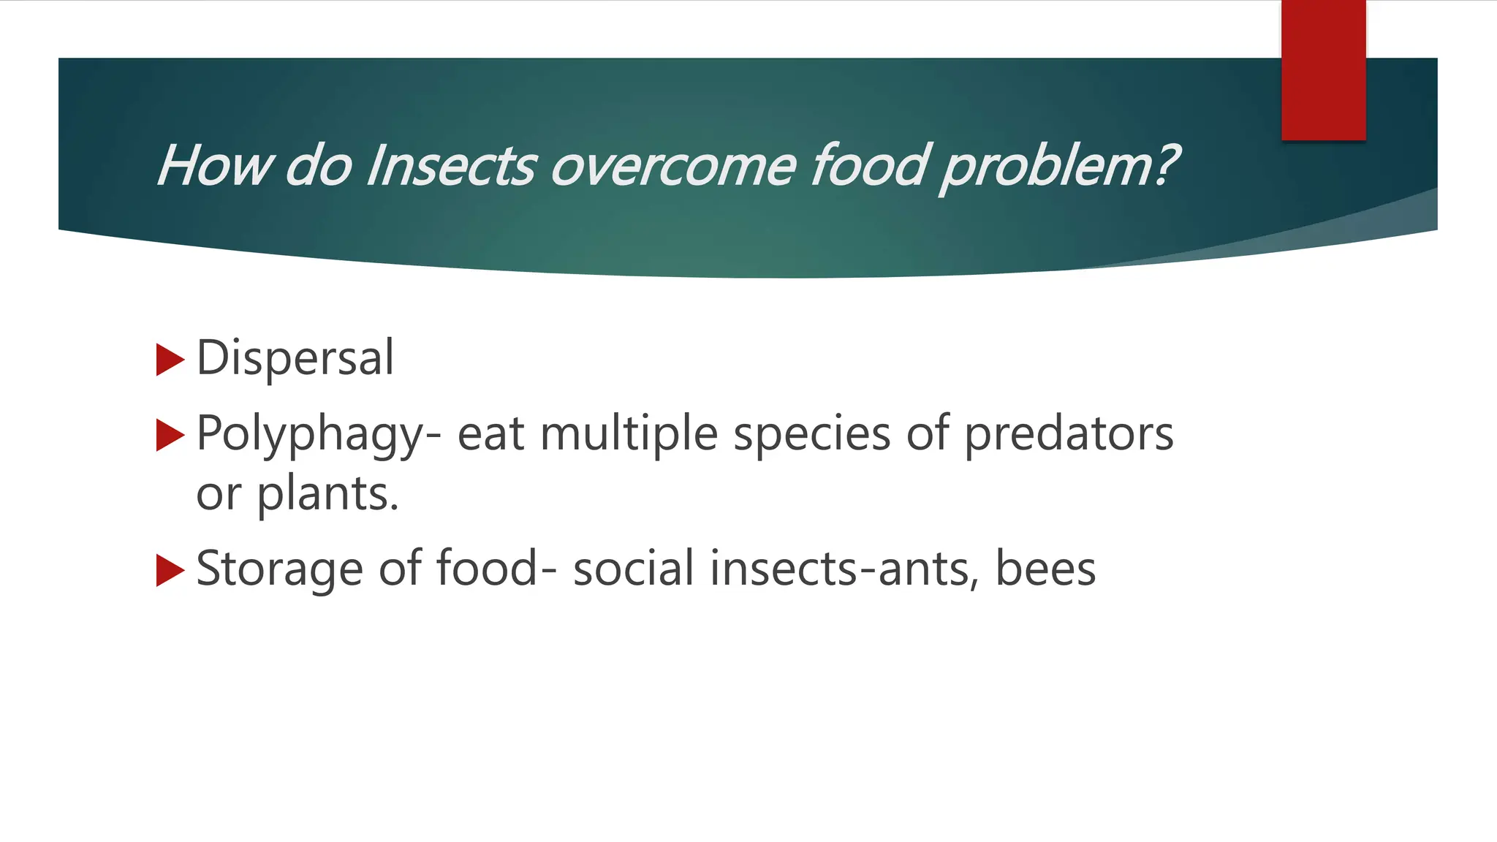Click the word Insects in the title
click(x=451, y=165)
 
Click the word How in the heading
click(x=213, y=165)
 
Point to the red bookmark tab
click(x=1323, y=70)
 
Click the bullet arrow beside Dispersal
click(x=170, y=360)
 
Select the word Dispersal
click(x=295, y=357)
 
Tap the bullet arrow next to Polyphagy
click(x=170, y=436)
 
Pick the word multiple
click(x=629, y=434)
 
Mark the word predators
click(x=1069, y=434)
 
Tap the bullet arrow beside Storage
click(x=170, y=570)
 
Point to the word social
click(x=633, y=569)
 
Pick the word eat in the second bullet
click(x=490, y=434)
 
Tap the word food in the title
click(x=870, y=165)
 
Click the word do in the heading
click(x=319, y=165)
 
